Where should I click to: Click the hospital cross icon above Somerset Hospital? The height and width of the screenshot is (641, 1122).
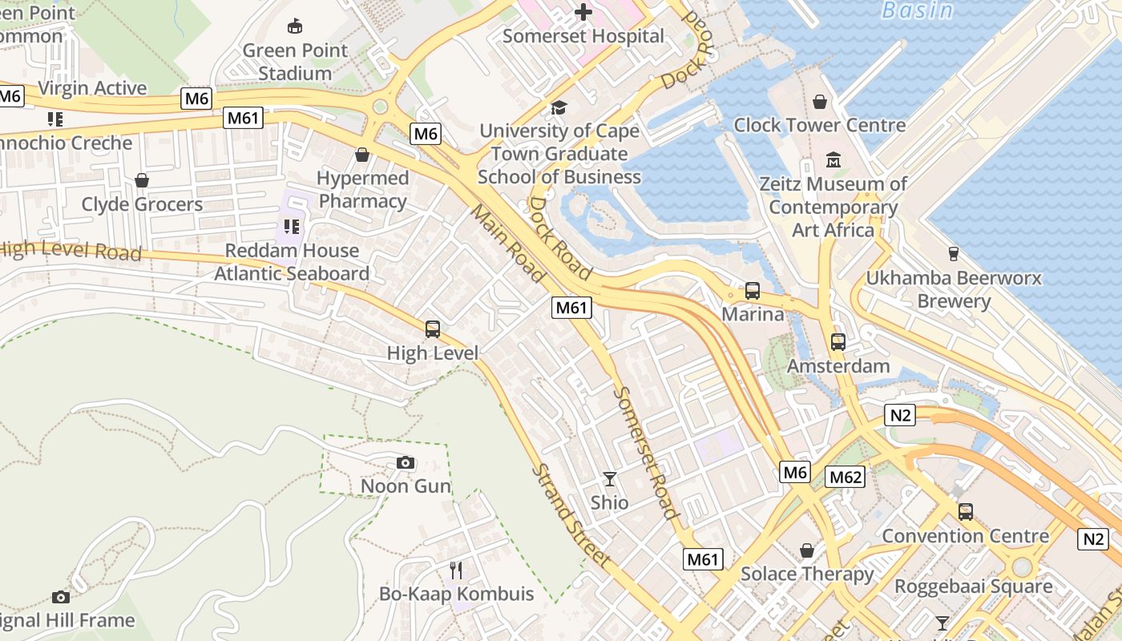click(x=583, y=12)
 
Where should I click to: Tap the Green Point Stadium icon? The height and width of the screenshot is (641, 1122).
click(x=295, y=26)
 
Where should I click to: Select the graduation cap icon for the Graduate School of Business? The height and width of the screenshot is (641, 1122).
click(x=559, y=107)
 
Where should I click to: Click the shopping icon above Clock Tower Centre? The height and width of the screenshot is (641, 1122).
click(x=819, y=102)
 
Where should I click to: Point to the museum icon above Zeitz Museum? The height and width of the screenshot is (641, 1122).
click(x=833, y=160)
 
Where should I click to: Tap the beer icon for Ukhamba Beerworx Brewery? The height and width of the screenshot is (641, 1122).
click(x=953, y=254)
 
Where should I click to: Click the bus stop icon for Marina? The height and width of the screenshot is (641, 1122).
click(x=752, y=291)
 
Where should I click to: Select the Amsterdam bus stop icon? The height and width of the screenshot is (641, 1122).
click(x=837, y=342)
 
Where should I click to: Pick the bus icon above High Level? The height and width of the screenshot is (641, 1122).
click(x=432, y=329)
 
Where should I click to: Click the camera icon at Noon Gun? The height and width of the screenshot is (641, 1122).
click(x=406, y=462)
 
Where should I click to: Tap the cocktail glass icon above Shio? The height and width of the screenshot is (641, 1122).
click(x=610, y=479)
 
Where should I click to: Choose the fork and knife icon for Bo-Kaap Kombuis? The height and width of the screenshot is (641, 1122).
click(x=456, y=570)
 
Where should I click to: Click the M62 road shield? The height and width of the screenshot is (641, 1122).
click(x=846, y=478)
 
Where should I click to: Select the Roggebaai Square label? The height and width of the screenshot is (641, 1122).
click(x=973, y=587)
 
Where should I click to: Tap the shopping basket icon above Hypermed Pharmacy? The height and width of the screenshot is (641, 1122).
click(x=362, y=154)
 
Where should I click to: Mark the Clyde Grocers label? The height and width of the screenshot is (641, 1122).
click(x=142, y=204)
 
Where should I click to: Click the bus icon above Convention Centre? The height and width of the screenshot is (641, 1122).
click(x=965, y=512)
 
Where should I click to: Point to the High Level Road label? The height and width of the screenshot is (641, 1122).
click(x=71, y=250)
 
